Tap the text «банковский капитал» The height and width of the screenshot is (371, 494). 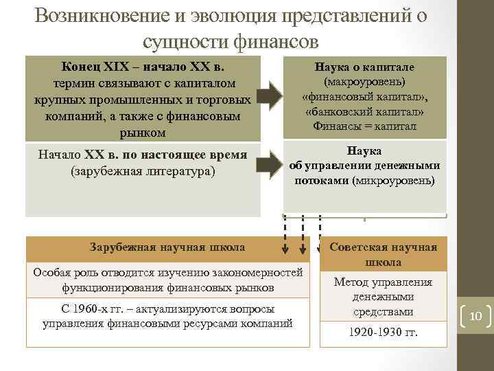pos(365,111)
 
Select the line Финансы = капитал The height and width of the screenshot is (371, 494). pos(365,126)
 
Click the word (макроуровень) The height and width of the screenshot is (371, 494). pos(365,82)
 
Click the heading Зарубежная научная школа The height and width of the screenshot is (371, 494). pos(167,246)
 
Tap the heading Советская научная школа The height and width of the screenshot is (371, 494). pos(383,254)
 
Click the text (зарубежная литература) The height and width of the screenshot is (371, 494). pos(143,170)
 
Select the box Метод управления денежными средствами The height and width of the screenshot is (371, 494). pos(383,297)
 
